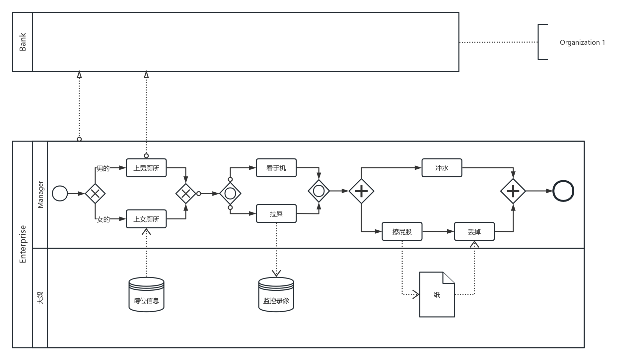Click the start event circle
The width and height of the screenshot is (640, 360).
[60, 193]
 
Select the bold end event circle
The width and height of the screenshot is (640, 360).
[563, 191]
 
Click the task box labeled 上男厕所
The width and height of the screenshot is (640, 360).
[146, 168]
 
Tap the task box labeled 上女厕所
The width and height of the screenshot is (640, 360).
[146, 219]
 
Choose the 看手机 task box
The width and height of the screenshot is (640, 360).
[276, 168]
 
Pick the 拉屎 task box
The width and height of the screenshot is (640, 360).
[276, 214]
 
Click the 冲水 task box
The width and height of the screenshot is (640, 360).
[442, 168]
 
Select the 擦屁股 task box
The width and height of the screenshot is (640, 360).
[402, 232]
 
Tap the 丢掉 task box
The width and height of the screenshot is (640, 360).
[474, 232]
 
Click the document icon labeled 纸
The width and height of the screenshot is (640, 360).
[437, 295]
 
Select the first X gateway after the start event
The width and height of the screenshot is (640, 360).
[95, 193]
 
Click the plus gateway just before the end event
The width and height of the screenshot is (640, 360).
[513, 191]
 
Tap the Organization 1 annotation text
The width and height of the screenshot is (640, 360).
[582, 42]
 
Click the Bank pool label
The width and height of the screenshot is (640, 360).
[23, 42]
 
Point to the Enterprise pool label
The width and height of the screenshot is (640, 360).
[23, 244]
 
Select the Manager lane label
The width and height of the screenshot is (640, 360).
[40, 195]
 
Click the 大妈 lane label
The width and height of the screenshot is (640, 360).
[40, 298]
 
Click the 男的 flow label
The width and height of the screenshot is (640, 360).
[103, 168]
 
